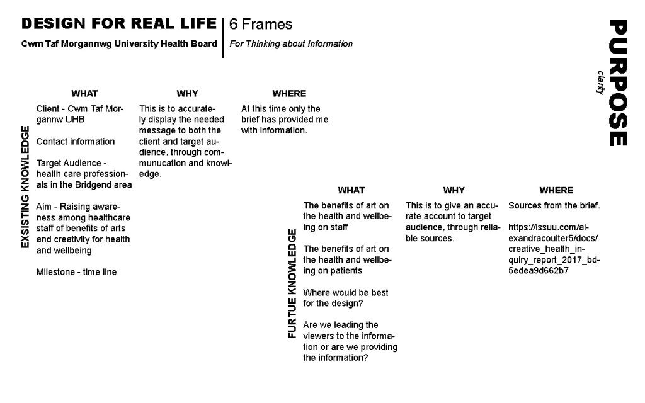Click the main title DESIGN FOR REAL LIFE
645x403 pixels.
click(x=119, y=24)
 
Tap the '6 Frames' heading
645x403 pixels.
click(x=261, y=25)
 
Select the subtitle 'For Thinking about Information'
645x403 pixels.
click(x=291, y=44)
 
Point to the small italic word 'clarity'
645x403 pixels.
click(x=600, y=82)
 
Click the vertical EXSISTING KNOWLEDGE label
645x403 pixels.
click(x=25, y=187)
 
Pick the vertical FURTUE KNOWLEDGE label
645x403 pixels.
click(x=292, y=284)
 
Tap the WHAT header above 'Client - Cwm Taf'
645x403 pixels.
click(x=84, y=94)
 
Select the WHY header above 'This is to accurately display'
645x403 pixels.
click(x=187, y=94)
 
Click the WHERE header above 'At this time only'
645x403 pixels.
click(x=289, y=94)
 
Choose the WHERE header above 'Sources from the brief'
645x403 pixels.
click(x=556, y=190)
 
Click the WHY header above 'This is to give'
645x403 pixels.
click(x=454, y=190)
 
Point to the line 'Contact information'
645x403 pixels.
click(x=76, y=142)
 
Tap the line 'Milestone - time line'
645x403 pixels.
click(x=76, y=272)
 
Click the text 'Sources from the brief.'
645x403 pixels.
click(x=554, y=206)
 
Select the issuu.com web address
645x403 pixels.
click(x=553, y=249)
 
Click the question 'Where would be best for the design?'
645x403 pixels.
click(x=345, y=298)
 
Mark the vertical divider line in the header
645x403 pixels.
click(x=223, y=37)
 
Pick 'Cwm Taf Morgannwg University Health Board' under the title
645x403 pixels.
click(x=119, y=44)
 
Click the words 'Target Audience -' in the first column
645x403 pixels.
click(x=71, y=163)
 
